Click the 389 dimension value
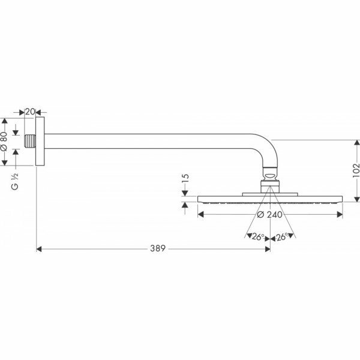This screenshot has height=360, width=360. tap(158, 248)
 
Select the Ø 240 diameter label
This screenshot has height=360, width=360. tap(270, 215)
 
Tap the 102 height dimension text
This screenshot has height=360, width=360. tap(356, 170)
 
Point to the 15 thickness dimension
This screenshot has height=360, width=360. tap(185, 178)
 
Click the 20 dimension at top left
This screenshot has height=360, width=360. tap(30, 112)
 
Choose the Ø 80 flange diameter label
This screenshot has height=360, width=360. tap(4, 142)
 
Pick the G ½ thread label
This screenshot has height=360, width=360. tap(14, 181)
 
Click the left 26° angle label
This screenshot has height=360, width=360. tap(258, 237)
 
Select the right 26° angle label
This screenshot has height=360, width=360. tap(282, 237)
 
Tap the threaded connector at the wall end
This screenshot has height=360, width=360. tap(30, 141)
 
